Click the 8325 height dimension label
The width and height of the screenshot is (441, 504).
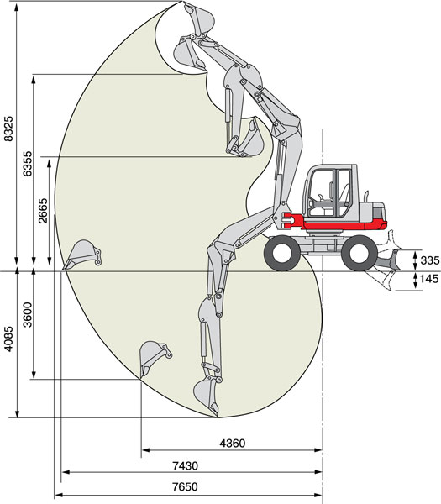click(9, 128)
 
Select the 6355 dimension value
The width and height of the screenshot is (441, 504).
click(28, 163)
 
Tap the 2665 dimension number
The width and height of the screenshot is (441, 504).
click(43, 211)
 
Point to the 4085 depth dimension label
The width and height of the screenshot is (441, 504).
click(9, 339)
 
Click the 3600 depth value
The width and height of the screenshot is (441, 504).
click(28, 314)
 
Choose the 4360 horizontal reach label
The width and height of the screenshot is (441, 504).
click(233, 444)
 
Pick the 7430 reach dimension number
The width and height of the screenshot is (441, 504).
click(185, 465)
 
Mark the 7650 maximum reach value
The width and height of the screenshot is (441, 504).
click(185, 486)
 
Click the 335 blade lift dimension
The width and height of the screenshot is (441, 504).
click(430, 260)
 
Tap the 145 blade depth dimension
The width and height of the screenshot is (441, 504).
click(429, 278)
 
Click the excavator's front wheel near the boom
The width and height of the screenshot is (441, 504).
click(282, 253)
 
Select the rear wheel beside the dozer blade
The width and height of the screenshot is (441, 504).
click(360, 253)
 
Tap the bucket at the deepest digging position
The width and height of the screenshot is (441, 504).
click(207, 396)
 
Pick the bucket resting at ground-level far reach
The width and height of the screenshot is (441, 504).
click(82, 254)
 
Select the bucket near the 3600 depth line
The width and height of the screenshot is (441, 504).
click(155, 358)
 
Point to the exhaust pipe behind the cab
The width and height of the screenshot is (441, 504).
click(366, 196)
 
